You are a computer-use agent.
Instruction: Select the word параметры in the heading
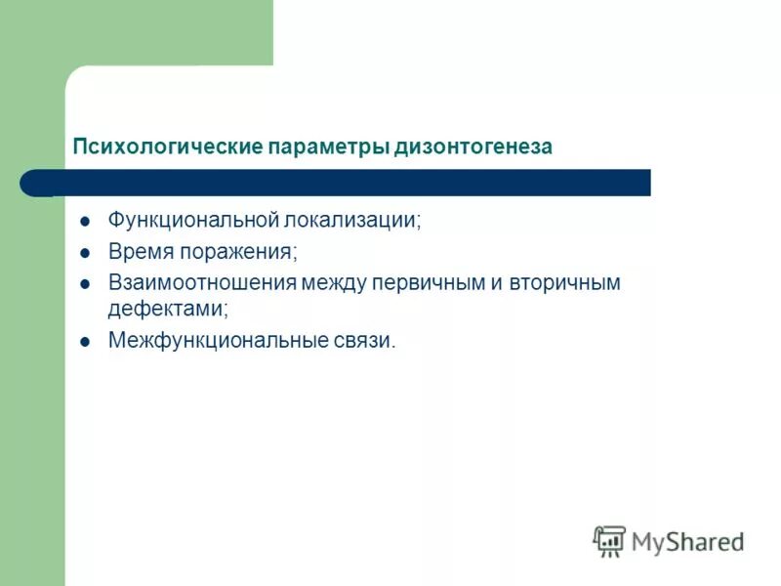[x=327, y=147]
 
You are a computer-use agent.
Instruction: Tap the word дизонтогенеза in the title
[x=473, y=147]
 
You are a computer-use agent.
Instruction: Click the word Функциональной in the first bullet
[x=194, y=220]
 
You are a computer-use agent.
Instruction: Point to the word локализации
[x=354, y=220]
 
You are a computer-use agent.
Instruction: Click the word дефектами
[x=167, y=309]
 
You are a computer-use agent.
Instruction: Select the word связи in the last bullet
[x=363, y=341]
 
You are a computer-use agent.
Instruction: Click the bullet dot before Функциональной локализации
[x=85, y=221]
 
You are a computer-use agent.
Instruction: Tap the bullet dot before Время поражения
[x=85, y=252]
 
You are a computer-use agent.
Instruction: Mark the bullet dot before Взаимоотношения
[x=85, y=284]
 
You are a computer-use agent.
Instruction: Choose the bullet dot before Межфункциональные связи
[x=85, y=342]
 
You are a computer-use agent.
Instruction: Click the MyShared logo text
[x=687, y=541]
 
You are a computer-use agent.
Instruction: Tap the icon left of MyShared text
[x=609, y=540]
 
